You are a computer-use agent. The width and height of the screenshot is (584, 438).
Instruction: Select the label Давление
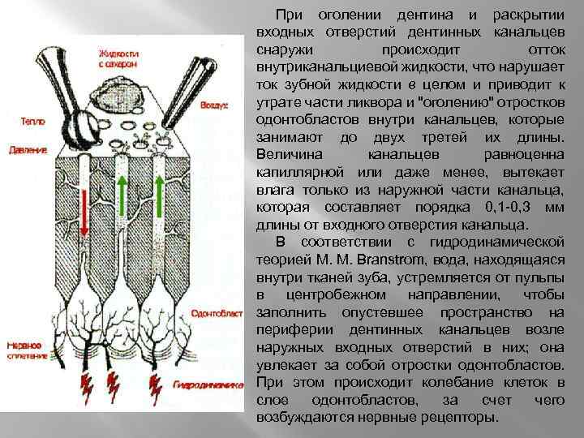click(x=28, y=150)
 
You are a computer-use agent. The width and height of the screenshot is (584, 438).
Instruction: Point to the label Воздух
click(x=216, y=105)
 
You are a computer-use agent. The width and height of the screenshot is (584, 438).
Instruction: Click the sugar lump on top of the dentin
click(x=121, y=92)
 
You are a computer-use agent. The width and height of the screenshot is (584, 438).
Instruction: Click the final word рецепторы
click(x=453, y=417)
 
